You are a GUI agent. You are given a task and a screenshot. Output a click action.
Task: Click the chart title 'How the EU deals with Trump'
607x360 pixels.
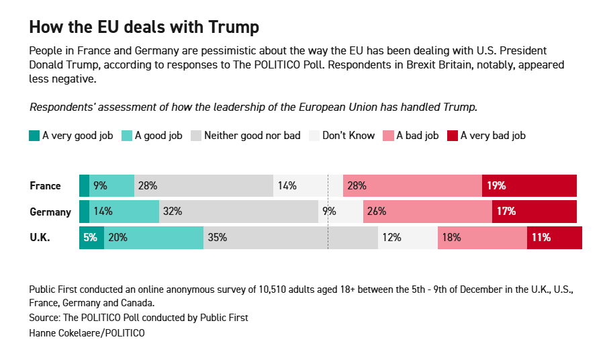(x=144, y=28)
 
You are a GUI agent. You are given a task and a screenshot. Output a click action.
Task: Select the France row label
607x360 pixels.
(x=45, y=186)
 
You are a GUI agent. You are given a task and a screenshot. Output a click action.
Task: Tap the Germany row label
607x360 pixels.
(x=50, y=212)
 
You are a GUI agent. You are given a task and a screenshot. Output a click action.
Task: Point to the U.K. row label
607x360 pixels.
(x=40, y=237)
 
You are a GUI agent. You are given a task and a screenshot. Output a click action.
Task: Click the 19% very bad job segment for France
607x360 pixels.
(x=529, y=186)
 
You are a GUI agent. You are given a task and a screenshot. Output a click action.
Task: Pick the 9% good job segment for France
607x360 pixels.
(x=111, y=186)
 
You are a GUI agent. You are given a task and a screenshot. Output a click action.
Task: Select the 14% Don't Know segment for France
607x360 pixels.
(x=300, y=186)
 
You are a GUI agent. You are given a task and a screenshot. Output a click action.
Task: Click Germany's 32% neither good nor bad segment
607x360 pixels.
(x=238, y=212)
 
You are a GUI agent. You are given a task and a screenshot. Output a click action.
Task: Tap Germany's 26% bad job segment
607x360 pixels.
(x=427, y=212)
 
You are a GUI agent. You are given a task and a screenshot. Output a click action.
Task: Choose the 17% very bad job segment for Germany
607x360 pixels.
(x=534, y=212)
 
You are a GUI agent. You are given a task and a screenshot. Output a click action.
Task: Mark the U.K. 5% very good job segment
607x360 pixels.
(x=91, y=237)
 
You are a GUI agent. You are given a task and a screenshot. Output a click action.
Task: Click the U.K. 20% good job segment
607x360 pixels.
(x=154, y=237)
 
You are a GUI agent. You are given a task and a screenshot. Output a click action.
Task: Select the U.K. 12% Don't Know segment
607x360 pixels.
(x=408, y=237)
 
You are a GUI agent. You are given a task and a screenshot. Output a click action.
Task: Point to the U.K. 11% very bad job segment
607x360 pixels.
(x=554, y=237)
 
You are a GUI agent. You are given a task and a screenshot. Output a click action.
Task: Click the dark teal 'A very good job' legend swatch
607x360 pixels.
(x=35, y=135)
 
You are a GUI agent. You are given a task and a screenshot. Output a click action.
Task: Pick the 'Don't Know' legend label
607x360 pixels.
(x=348, y=135)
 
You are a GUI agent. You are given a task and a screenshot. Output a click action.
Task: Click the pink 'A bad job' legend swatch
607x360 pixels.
(x=388, y=135)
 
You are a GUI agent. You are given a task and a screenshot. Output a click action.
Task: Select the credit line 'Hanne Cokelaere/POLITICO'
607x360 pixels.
(x=87, y=332)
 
